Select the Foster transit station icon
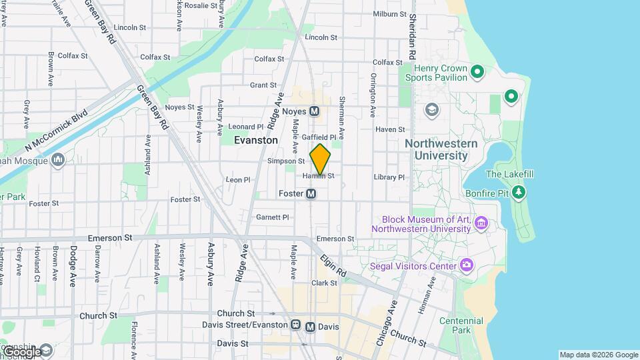point(311,193)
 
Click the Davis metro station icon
point(310,327)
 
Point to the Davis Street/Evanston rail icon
point(295,325)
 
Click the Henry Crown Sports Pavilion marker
point(477,71)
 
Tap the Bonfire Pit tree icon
point(519,193)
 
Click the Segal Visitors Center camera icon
point(467,266)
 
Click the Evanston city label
point(256,141)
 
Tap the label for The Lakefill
point(509,175)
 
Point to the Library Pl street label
point(389,177)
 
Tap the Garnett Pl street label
point(272,217)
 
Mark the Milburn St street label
point(389,14)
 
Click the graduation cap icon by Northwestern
point(431,109)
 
